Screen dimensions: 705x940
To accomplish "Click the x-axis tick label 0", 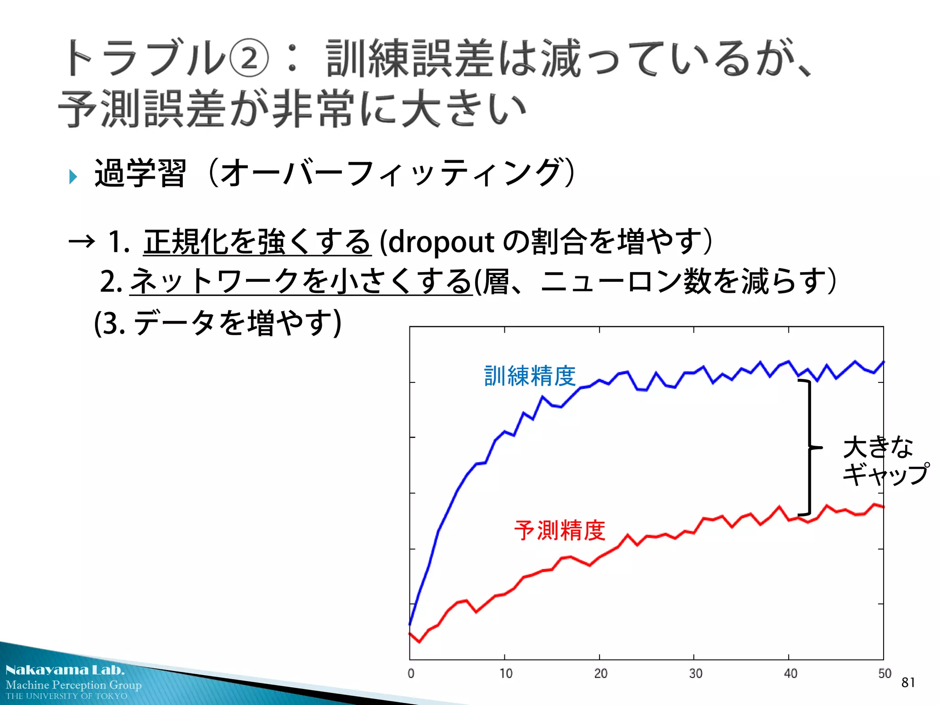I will coord(411,673).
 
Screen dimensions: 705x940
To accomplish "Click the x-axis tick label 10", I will coord(506,673).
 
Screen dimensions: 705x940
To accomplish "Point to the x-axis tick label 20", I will coord(600,673).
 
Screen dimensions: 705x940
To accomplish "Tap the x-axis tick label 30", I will coord(695,673).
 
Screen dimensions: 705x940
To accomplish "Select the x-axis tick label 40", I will coord(790,673).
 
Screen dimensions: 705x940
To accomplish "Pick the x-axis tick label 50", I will coord(884,673).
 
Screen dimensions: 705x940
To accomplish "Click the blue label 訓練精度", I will coord(530,376).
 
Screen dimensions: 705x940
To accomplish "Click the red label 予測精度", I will coord(560,530).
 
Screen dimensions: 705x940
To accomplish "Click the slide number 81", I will coord(908,683).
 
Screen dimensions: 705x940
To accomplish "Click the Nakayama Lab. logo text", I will coord(65,670).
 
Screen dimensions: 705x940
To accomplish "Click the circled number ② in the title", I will coord(248,58).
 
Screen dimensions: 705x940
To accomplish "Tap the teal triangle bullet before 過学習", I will coord(73,176).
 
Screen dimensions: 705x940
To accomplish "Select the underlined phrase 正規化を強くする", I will coord(257,241).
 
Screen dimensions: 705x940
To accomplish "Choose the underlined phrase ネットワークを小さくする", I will coord(301,281).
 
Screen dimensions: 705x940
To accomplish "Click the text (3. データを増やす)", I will coord(218,323).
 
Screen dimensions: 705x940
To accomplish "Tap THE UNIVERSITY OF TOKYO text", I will coord(67,696).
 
